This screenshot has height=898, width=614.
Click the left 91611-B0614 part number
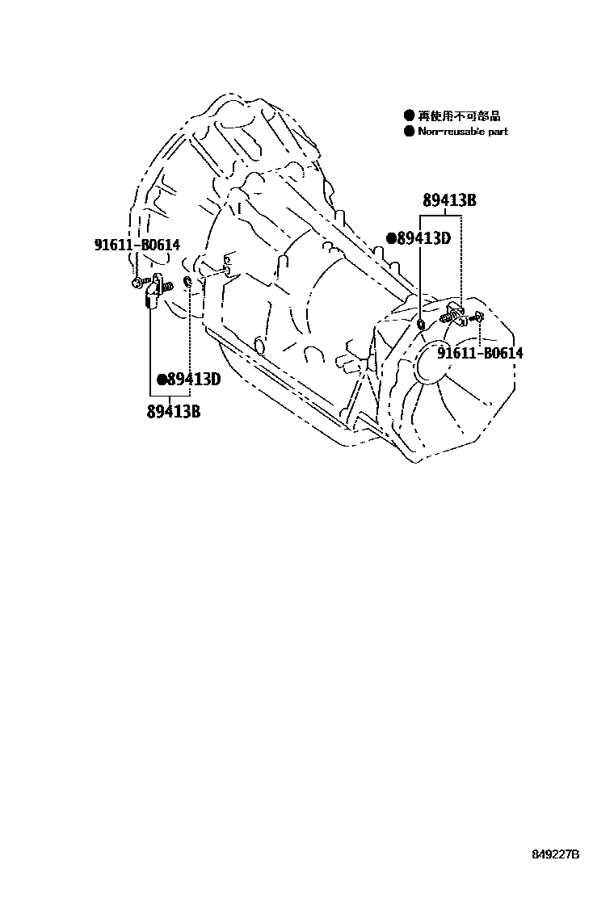coord(135,243)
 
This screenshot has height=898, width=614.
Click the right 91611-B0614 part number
coord(481,353)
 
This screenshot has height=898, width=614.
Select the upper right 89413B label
coord(448,201)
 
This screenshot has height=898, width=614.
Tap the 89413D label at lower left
coord(194,379)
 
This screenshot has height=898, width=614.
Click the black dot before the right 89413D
coord(392,238)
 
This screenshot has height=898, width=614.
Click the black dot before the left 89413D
coord(162,379)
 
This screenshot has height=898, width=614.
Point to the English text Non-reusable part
coord(462,132)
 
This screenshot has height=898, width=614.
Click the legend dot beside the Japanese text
coord(409,116)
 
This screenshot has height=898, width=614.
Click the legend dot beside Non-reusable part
coord(409,132)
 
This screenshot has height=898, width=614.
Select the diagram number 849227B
coord(556,854)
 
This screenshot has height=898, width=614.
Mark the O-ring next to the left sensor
coord(188,281)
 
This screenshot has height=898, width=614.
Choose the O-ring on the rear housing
coord(422,324)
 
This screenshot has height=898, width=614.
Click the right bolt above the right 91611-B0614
coord(479,317)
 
